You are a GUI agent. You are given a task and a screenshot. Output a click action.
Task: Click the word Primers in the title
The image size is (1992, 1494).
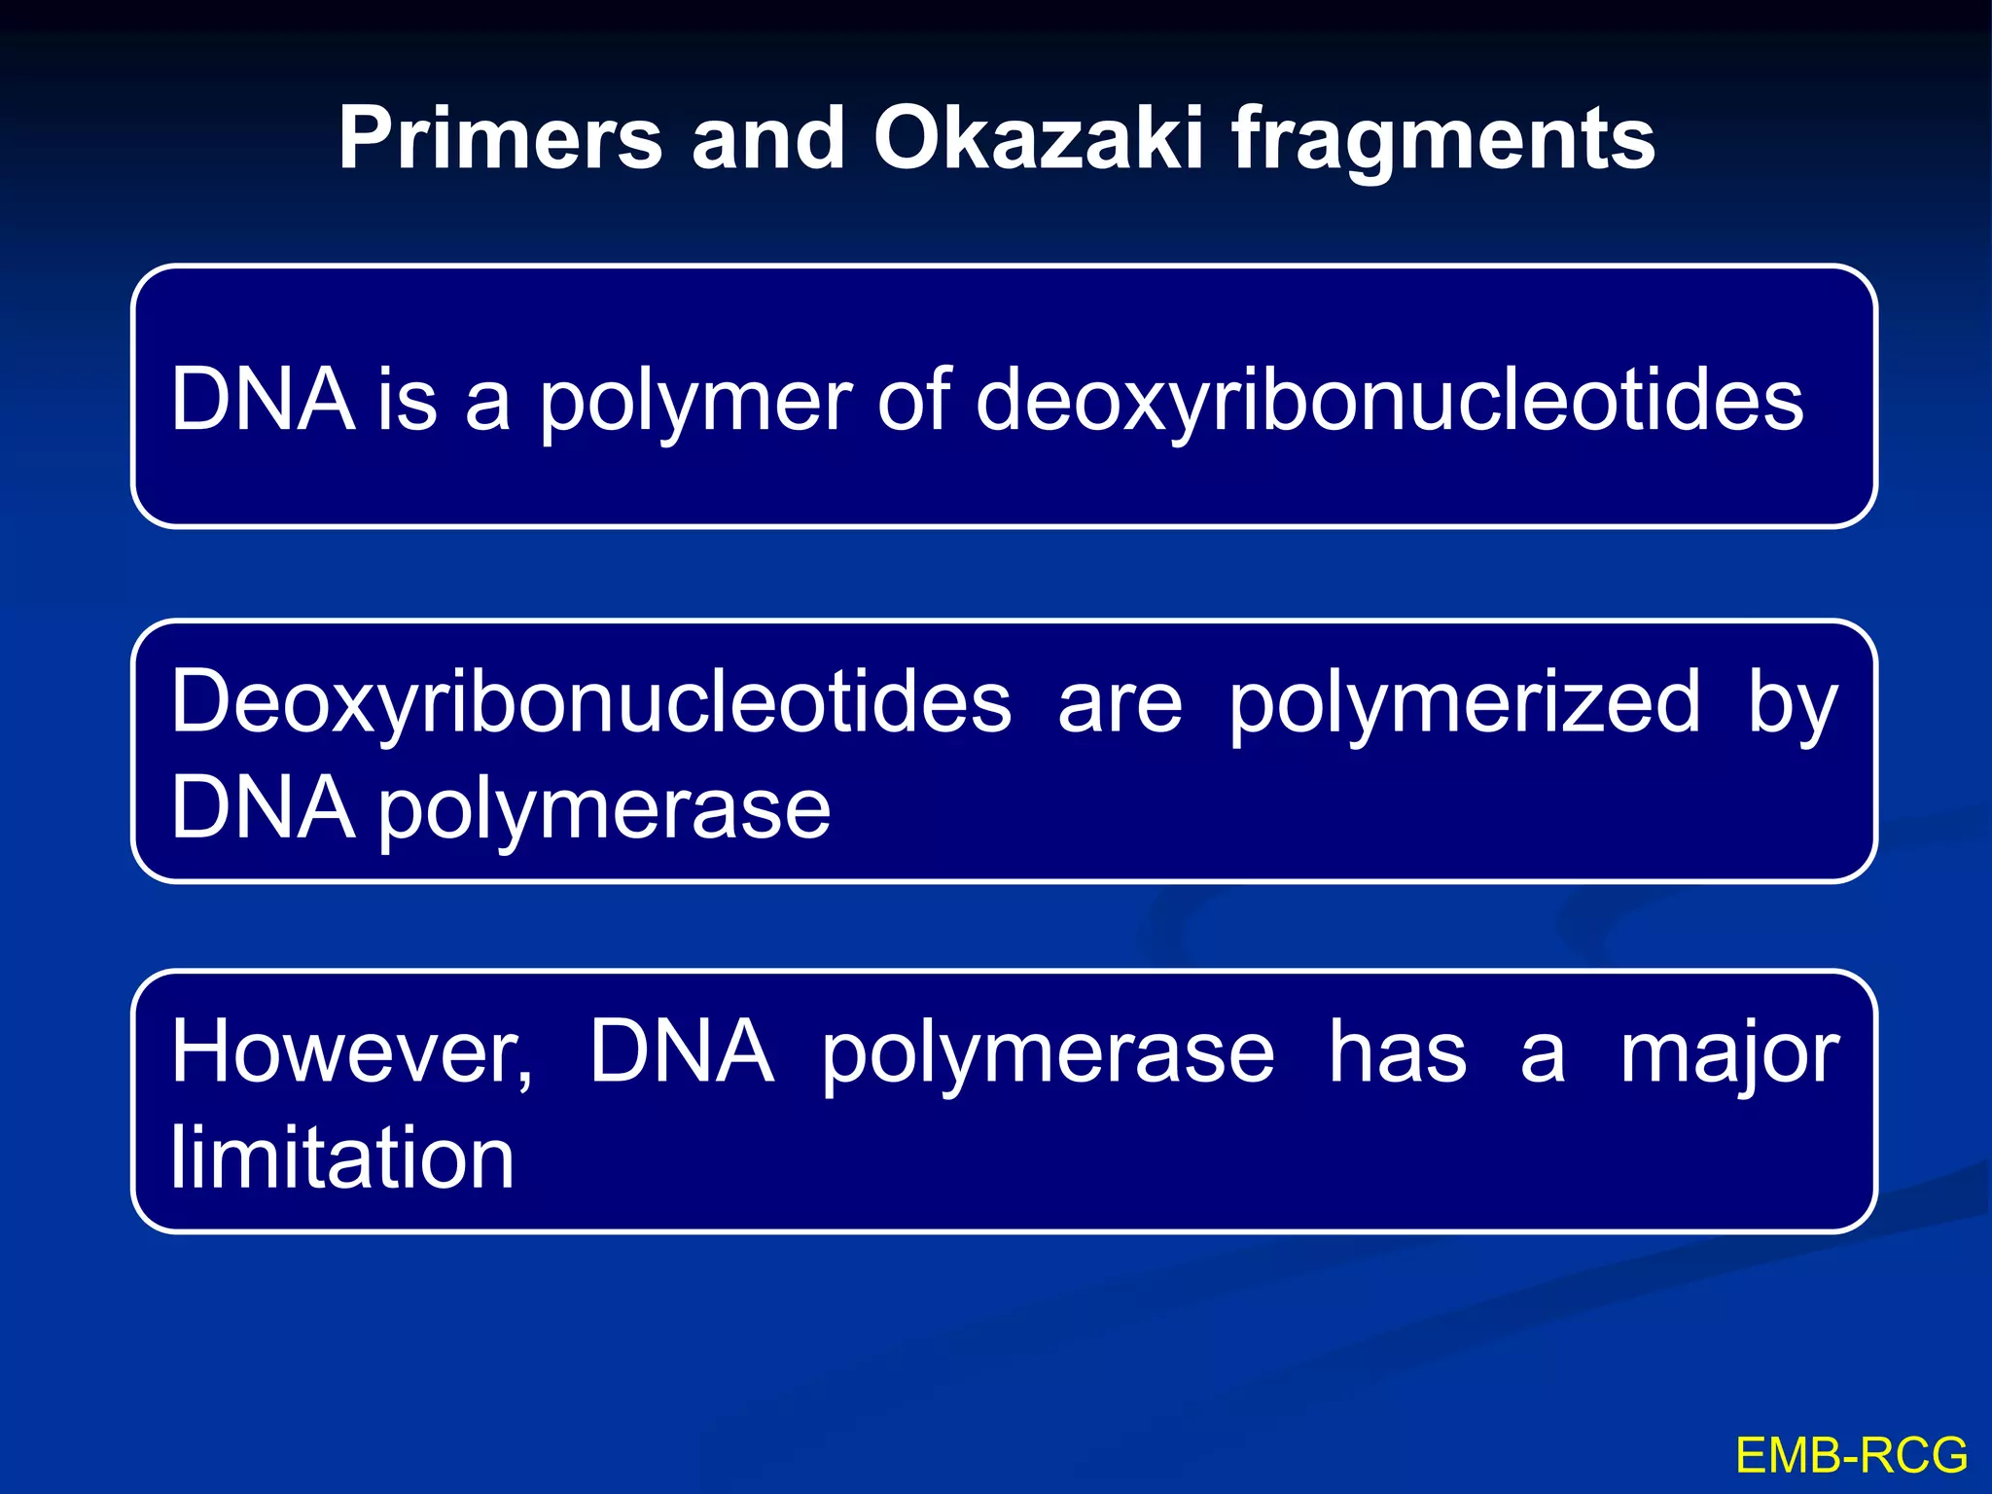coord(500,139)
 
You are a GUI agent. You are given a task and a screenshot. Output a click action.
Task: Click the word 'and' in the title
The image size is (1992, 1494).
coord(767,139)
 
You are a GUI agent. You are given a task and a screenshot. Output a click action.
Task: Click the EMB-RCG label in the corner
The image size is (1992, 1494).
coord(1852,1456)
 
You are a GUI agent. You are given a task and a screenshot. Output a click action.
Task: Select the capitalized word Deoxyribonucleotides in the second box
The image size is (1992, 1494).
coord(591,702)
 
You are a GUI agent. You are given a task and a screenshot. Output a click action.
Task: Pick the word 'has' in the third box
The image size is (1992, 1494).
coord(1398,1052)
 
